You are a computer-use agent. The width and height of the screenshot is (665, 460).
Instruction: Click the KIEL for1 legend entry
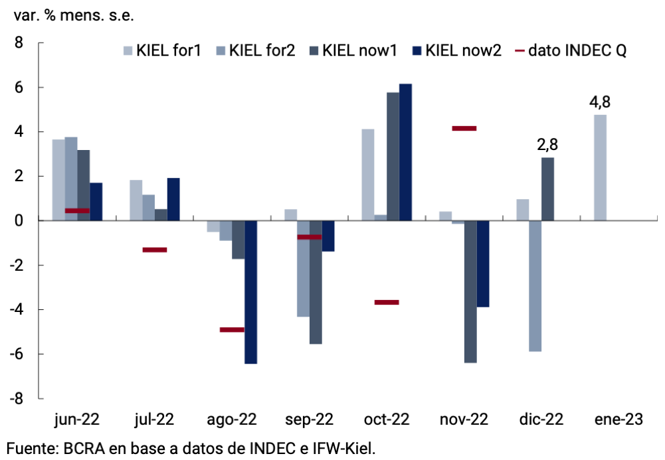pyautogui.click(x=162, y=51)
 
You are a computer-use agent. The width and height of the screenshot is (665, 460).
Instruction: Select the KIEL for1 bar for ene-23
pyautogui.click(x=600, y=167)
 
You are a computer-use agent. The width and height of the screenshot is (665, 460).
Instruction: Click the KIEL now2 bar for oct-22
pyautogui.click(x=405, y=152)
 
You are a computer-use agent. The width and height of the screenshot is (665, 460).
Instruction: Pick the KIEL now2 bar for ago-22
pyautogui.click(x=251, y=292)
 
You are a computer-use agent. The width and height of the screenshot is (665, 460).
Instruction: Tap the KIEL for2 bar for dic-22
pyautogui.click(x=535, y=285)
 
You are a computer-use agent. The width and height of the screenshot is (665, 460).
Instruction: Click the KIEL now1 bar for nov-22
pyautogui.click(x=470, y=291)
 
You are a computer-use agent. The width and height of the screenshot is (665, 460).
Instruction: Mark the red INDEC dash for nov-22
pyautogui.click(x=464, y=128)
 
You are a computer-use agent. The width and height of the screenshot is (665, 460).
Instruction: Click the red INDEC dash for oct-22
pyautogui.click(x=387, y=302)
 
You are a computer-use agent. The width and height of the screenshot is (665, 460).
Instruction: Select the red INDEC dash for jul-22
pyautogui.click(x=155, y=250)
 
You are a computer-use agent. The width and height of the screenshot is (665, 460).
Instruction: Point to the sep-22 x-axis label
pyautogui.click(x=309, y=420)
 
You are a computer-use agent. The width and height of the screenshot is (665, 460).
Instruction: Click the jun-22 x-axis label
pyautogui.click(x=77, y=420)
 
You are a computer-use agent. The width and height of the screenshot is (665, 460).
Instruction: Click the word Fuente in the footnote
pyautogui.click(x=30, y=448)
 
